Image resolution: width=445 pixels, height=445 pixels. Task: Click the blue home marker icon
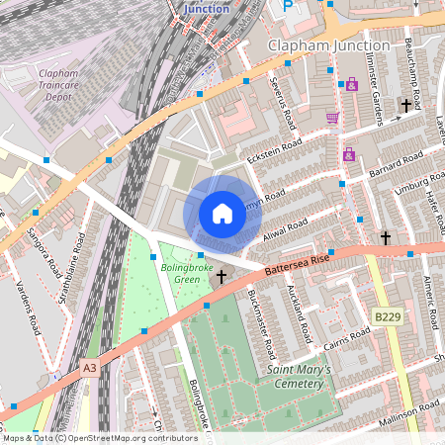pyautogui.click(x=222, y=214)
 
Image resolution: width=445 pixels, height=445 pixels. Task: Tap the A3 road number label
pyautogui.click(x=90, y=367)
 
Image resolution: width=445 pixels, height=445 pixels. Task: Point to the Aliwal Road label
pyautogui.click(x=287, y=231)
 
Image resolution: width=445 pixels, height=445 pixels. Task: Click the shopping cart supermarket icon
pyautogui.click(x=332, y=118)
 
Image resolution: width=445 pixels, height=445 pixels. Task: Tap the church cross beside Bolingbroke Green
pyautogui.click(x=222, y=277)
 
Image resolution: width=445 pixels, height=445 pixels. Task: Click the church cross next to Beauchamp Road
pyautogui.click(x=404, y=105)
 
